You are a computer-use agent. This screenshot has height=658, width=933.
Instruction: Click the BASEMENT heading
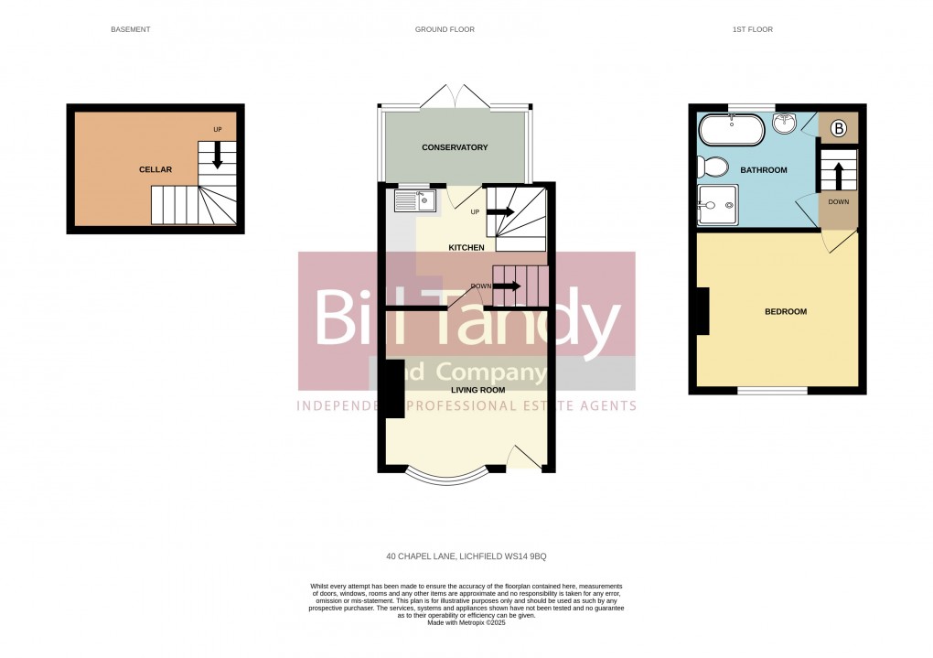point(130,29)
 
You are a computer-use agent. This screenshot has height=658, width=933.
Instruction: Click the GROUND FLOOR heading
point(445,29)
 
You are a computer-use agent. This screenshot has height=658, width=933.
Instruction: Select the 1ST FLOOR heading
point(752,29)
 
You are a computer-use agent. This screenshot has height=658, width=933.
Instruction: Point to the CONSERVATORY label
point(455,147)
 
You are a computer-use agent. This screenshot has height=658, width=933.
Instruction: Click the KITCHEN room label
point(466,248)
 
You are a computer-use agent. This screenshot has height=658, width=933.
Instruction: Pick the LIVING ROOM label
point(477,390)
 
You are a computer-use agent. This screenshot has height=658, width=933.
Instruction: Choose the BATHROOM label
point(763,170)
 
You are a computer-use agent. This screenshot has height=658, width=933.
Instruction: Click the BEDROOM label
point(785,312)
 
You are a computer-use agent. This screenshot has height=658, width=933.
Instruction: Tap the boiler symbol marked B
point(838,128)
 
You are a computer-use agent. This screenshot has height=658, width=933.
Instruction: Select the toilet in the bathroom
point(712,167)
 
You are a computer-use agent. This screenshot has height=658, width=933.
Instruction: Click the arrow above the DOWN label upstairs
point(838,175)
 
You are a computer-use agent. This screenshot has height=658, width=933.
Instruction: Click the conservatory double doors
point(455,96)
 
